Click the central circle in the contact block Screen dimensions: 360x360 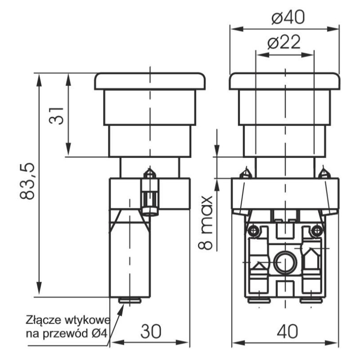(x=284, y=261)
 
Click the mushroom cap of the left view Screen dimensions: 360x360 (x=150, y=81)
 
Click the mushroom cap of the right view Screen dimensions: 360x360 (x=284, y=81)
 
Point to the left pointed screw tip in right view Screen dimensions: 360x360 (x=246, y=172)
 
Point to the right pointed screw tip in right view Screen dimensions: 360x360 (x=324, y=172)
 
